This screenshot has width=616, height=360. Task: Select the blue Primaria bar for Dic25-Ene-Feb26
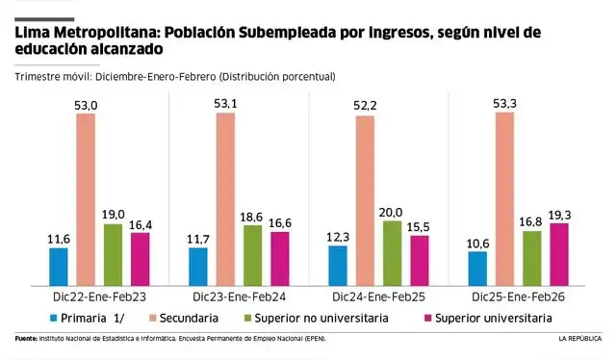(x=477, y=267)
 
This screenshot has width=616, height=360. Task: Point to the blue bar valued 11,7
(x=198, y=265)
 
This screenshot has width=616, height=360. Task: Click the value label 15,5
(x=419, y=225)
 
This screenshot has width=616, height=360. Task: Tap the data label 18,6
(x=252, y=216)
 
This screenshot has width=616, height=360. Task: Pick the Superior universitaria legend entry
(x=494, y=318)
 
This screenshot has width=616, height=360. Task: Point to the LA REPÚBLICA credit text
(x=578, y=339)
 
